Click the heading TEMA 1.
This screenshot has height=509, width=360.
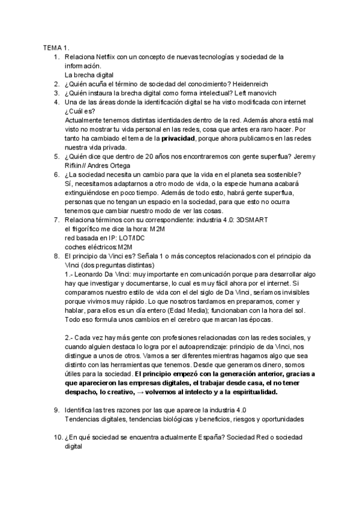coord(56,47)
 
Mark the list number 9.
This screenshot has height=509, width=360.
coord(56,409)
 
